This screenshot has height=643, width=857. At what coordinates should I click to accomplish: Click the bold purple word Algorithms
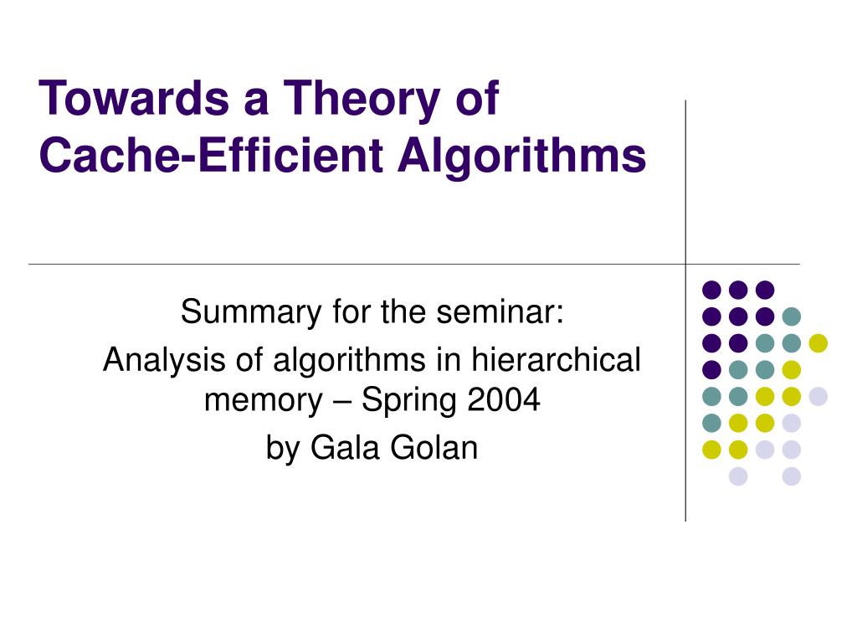pos(521,156)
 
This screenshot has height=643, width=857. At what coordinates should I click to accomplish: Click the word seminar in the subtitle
pos(507,313)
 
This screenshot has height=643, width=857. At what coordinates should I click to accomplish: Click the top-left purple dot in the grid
pos(711,290)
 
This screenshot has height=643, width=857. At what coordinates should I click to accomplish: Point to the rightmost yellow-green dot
pos(818,342)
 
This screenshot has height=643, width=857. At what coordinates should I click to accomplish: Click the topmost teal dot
pos(791,316)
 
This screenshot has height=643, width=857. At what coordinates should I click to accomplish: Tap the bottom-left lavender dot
pos(737,476)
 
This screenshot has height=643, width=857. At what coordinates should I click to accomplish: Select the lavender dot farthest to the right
pos(818,396)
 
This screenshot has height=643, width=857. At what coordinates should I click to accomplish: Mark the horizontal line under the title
pos(335,264)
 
